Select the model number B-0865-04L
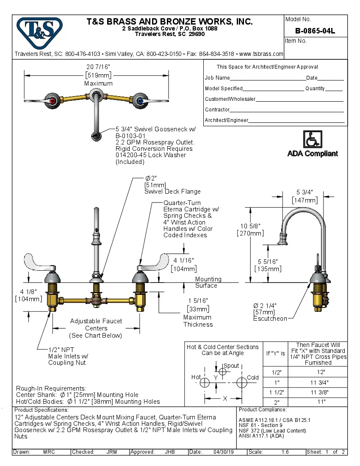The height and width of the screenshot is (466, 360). click(x=315, y=31)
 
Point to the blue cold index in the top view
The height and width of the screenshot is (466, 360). click(x=141, y=101)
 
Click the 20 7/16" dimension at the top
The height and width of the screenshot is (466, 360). click(x=98, y=67)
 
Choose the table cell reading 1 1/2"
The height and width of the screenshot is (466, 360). click(x=276, y=392)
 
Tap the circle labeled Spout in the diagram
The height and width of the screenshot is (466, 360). click(x=223, y=372)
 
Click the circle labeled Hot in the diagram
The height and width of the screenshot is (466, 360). click(x=205, y=383)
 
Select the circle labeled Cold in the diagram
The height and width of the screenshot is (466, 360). click(x=242, y=383)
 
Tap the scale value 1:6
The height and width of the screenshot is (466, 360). click(x=285, y=452)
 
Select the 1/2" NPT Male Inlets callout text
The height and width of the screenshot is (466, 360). click(x=68, y=356)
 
